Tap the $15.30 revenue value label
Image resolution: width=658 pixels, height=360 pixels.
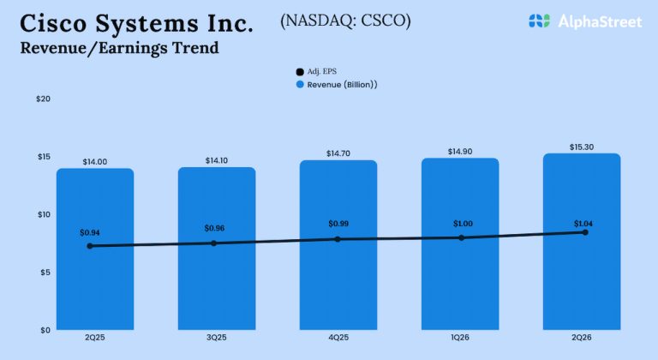583,147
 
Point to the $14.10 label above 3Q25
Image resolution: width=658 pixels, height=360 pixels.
217,160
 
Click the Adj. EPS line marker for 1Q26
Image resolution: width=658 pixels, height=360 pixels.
461,237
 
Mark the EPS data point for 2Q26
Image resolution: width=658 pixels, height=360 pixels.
584,232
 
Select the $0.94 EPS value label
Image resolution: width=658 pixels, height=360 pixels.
90,232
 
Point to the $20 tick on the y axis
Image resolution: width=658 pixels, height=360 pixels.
44,99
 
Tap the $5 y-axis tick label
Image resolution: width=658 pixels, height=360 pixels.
44,272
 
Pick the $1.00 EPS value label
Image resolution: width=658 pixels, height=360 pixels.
463,224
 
